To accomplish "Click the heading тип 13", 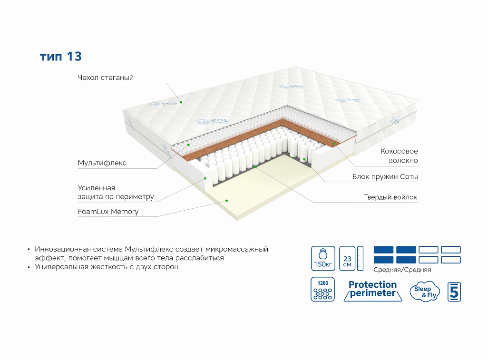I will point(61,57).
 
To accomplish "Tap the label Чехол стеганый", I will point(106,78).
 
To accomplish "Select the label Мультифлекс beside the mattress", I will point(102,163).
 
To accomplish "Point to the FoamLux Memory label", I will point(108,212).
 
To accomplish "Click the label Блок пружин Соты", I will point(385,177).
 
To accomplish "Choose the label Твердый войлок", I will point(390,197).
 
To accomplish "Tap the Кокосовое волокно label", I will point(399,156).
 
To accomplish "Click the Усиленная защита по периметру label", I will point(116,192).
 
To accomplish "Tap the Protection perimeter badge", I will point(372,289).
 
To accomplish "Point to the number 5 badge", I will point(454,292).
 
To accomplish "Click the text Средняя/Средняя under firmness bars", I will point(402,270).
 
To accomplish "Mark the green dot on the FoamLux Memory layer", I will point(227,201).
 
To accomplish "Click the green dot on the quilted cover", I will point(181,101).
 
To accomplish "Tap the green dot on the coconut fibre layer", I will point(334,142).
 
